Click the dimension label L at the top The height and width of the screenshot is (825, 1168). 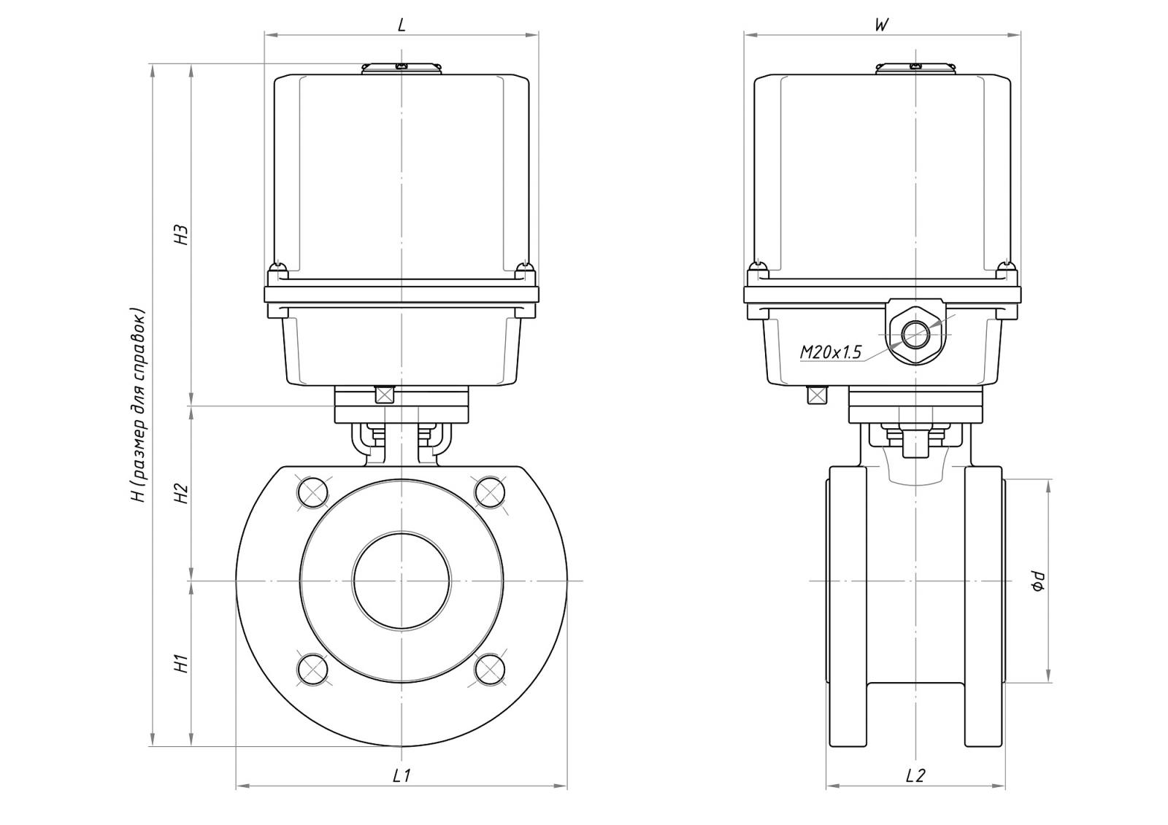pyautogui.click(x=401, y=24)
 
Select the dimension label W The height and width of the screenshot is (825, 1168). pyautogui.click(x=881, y=24)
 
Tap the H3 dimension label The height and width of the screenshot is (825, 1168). pyautogui.click(x=182, y=234)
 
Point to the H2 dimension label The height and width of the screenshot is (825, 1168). pyautogui.click(x=182, y=494)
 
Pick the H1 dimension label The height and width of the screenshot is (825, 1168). pyautogui.click(x=182, y=664)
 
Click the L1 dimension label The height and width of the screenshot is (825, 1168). pyautogui.click(x=401, y=775)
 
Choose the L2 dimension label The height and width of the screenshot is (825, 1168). pyautogui.click(x=915, y=775)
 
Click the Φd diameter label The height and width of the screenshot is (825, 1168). pyautogui.click(x=1038, y=581)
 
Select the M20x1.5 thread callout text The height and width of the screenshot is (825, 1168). pyautogui.click(x=830, y=352)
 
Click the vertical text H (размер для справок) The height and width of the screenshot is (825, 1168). pyautogui.click(x=139, y=406)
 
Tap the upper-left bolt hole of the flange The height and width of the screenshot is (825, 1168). pyautogui.click(x=313, y=492)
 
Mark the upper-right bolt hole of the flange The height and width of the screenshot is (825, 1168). pyautogui.click(x=489, y=492)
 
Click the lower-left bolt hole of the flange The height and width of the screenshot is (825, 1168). pyautogui.click(x=313, y=669)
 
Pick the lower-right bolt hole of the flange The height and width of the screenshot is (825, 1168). pyautogui.click(x=489, y=669)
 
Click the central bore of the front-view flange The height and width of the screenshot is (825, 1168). pyautogui.click(x=401, y=581)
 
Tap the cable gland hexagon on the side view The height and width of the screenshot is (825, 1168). pyautogui.click(x=915, y=336)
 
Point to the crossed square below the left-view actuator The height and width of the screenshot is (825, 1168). pyautogui.click(x=383, y=395)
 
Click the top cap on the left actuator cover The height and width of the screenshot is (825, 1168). pyautogui.click(x=401, y=68)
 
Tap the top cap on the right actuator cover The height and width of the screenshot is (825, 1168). pyautogui.click(x=915, y=68)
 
